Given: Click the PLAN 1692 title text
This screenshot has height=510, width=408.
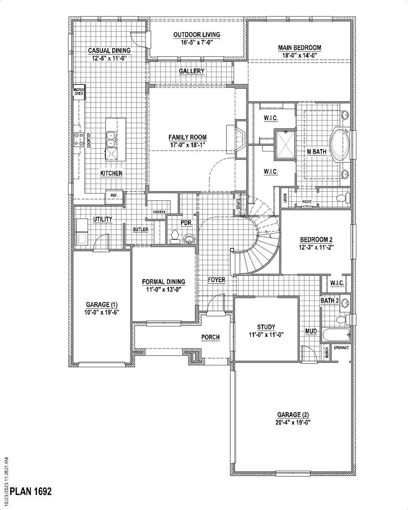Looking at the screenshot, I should (31, 491).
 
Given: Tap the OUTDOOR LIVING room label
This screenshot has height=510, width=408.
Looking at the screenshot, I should (197, 34).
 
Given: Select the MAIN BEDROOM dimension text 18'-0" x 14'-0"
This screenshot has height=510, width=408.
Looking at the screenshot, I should (299, 55).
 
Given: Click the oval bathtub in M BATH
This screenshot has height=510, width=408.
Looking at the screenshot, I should (339, 145).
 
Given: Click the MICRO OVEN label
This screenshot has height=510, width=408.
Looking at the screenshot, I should (79, 92).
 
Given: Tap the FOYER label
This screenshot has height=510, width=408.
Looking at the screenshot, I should (217, 280).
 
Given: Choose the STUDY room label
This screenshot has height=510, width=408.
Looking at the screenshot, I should (267, 327).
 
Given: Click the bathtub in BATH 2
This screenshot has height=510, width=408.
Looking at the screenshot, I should (336, 336).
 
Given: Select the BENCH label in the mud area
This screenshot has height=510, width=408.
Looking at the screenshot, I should (326, 354).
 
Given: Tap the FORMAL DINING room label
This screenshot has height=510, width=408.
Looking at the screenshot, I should (163, 282).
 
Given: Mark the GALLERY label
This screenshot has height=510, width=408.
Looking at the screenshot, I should (191, 71).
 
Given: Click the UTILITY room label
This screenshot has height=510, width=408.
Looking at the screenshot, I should (103, 219).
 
